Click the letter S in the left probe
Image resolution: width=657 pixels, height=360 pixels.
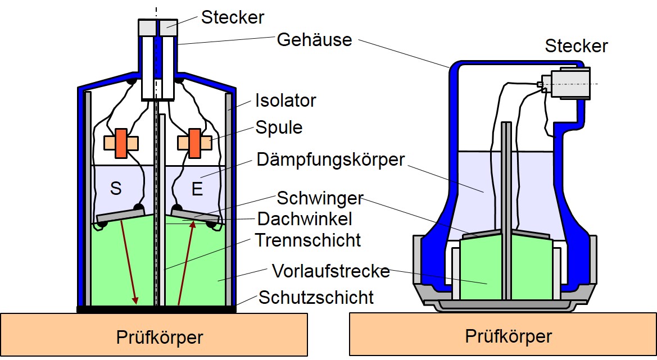tap(115, 189)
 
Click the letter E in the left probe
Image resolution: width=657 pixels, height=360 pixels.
tap(197, 189)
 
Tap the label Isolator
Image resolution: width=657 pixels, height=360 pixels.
tap(286, 101)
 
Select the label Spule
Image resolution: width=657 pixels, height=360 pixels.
tap(279, 127)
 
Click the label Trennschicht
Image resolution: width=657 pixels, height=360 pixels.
tap(308, 240)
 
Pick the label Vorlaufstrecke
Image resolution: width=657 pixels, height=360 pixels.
tap(330, 271)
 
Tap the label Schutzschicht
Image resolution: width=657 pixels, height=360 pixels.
tap(316, 297)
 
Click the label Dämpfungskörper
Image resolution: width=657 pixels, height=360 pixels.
tap(330, 160)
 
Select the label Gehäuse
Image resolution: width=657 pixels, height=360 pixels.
tap(314, 40)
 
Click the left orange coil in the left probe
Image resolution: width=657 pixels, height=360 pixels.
tap(121, 143)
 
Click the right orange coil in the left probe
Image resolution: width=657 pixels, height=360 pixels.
tap(194, 143)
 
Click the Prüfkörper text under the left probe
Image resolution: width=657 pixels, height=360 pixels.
tap(160, 338)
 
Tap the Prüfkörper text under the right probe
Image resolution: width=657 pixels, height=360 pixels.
tap(509, 336)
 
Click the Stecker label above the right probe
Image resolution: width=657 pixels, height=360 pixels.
tap(576, 45)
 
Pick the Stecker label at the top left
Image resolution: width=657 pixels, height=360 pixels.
tap(233, 17)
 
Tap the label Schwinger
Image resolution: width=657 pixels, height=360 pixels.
tap(320, 199)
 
